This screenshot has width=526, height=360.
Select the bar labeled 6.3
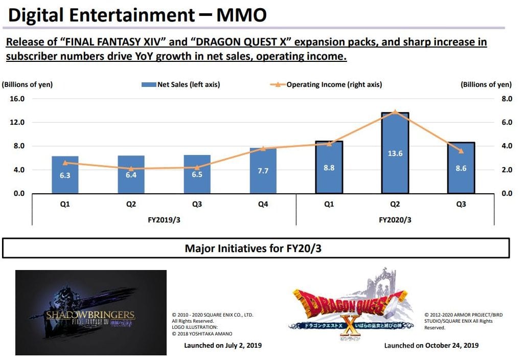[65, 175]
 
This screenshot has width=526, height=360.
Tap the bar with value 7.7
[263, 170]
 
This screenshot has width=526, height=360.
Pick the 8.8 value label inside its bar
[329, 168]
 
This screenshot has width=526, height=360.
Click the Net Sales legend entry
[181, 84]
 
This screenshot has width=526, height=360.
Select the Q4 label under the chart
[263, 204]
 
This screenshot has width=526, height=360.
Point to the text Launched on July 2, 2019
[222, 345]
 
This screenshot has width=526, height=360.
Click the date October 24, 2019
[452, 345]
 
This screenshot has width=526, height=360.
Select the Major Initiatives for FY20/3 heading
[256, 249]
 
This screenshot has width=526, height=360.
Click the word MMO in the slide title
[241, 15]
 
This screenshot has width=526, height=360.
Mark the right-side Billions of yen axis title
[486, 84]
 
